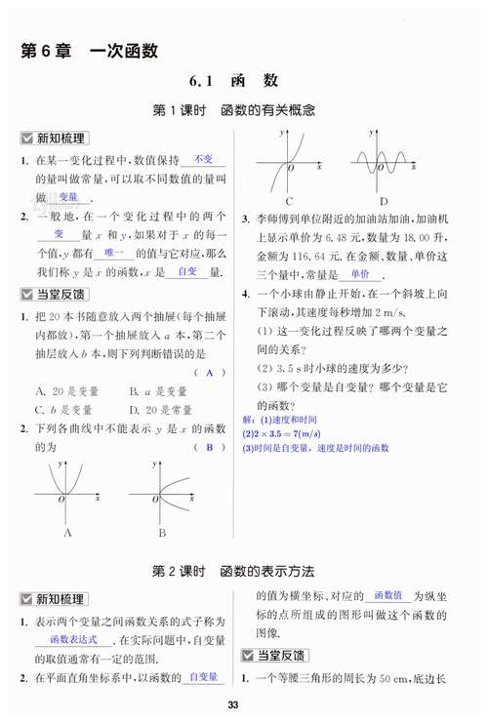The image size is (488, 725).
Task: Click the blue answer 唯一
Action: click(x=117, y=252)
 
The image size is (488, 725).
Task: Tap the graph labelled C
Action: click(x=290, y=162)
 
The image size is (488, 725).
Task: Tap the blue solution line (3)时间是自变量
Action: click(x=315, y=448)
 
